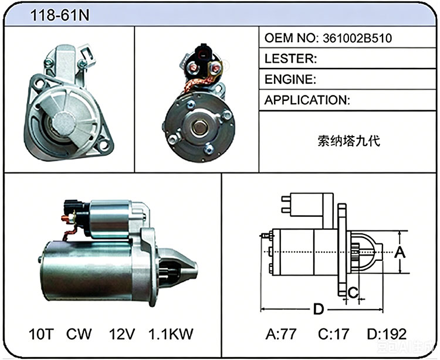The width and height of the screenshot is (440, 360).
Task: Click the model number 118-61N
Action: pos(59,15)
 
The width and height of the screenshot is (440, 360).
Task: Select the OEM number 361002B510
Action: pos(357,38)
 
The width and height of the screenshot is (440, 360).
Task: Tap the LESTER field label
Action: pos(291,59)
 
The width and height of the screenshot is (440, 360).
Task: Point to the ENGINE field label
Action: pos(290,79)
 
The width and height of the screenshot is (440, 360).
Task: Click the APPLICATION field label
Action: pos(307,100)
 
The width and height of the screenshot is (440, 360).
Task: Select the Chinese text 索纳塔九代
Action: pos(349,141)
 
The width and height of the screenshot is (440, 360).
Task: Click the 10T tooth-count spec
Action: pos(41,334)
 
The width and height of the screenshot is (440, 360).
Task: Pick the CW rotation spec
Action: pos(79,334)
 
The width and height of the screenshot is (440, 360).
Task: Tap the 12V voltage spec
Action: pos(122,334)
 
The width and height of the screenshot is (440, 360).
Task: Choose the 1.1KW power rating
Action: pos(171,334)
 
